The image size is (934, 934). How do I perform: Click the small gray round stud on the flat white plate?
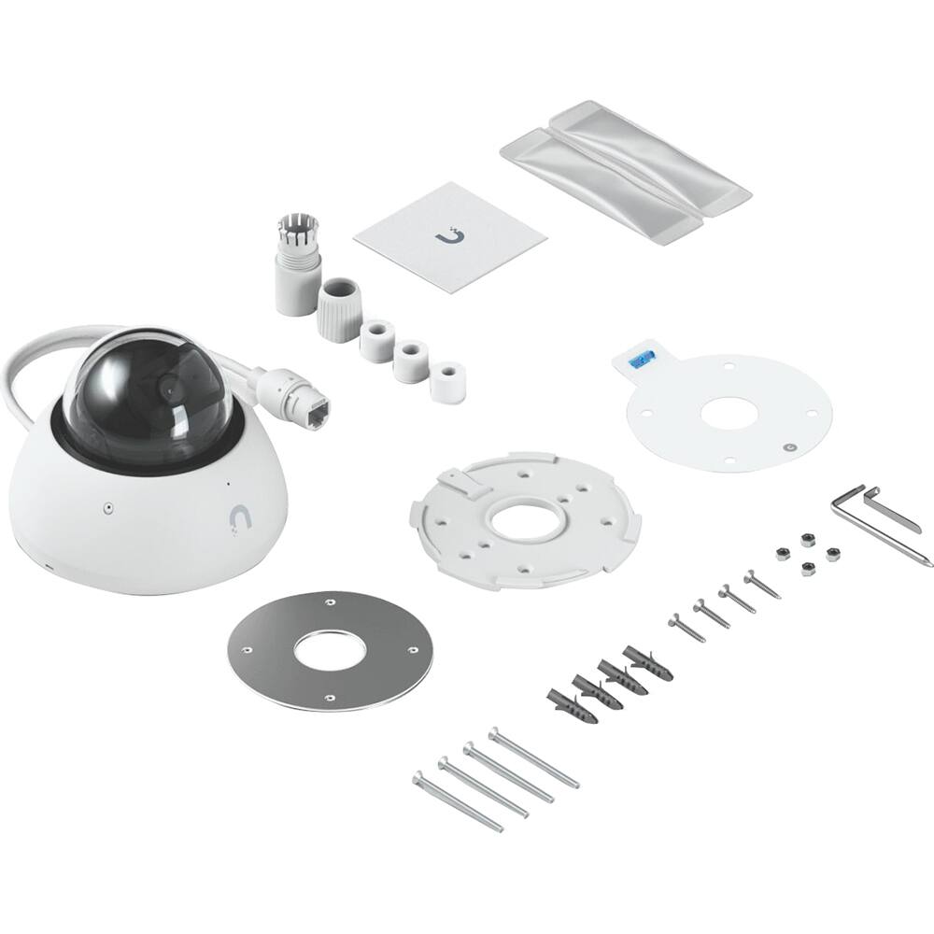[x=790, y=446]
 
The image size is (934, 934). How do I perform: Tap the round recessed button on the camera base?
[x=108, y=508]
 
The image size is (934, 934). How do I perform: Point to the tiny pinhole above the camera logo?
[x=226, y=485]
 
